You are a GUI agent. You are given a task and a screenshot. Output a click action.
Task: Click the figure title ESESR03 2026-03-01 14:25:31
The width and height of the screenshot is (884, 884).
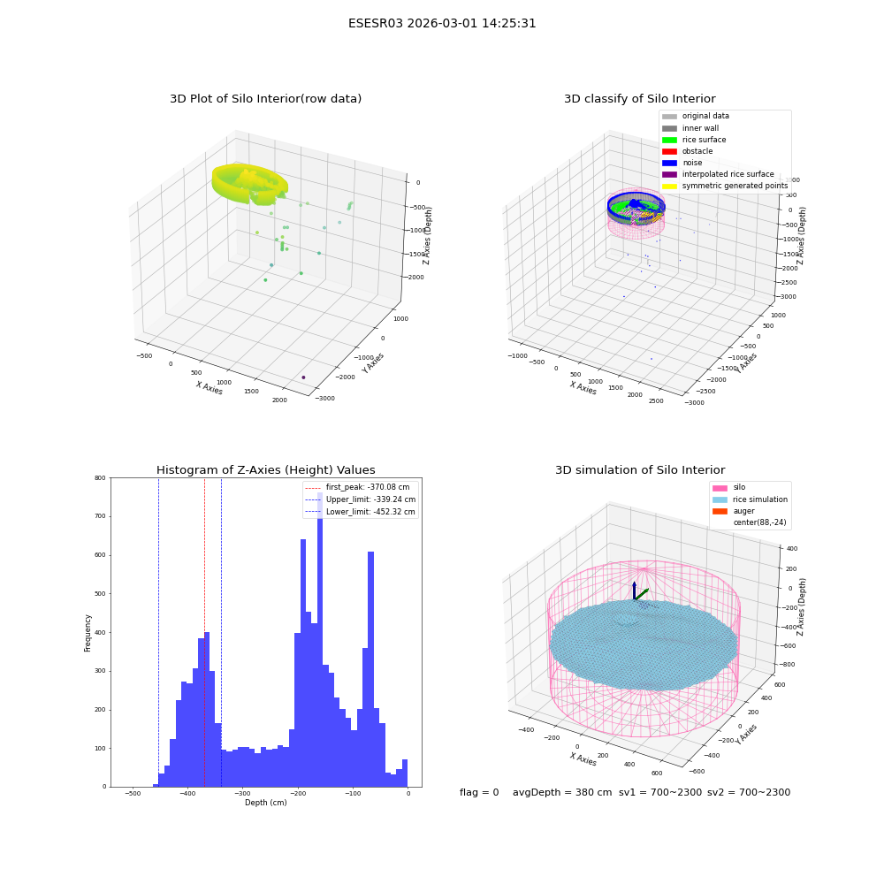coord(442,23)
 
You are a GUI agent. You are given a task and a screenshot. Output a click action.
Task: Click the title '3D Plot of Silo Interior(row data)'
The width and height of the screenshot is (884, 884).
coord(265,99)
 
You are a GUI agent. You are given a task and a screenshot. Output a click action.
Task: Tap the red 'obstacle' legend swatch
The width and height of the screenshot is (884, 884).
coord(669,152)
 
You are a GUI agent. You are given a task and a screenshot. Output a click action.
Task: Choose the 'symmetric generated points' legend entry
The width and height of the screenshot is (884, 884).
coord(725,186)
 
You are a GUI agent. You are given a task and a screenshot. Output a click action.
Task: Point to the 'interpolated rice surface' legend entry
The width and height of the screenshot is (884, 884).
coord(718,174)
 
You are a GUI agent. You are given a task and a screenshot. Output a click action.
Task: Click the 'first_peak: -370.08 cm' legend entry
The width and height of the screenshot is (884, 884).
coord(357,487)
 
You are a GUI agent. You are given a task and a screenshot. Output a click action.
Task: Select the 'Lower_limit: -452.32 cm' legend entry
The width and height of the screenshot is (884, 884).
coord(361,512)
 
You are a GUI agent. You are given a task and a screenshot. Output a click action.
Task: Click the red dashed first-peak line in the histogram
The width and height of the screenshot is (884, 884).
coord(205,632)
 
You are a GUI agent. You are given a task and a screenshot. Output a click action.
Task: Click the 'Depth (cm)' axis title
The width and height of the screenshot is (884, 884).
coord(265,803)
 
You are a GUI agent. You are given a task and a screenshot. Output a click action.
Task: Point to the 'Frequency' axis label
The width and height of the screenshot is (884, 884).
coord(88,633)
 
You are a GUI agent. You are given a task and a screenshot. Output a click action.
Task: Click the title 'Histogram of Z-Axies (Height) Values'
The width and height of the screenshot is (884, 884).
coord(265,470)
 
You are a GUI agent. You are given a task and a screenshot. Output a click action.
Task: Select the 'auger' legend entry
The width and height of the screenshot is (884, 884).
coord(734,511)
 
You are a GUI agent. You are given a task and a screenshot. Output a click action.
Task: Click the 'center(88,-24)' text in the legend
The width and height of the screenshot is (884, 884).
coord(759,522)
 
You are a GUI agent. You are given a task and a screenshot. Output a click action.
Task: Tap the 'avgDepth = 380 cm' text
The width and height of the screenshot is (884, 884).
coord(562,793)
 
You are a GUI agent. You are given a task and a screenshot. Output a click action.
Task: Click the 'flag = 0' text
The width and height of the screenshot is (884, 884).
coord(479,793)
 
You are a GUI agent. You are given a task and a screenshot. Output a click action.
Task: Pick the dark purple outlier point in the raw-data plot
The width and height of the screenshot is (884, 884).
coord(303,377)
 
